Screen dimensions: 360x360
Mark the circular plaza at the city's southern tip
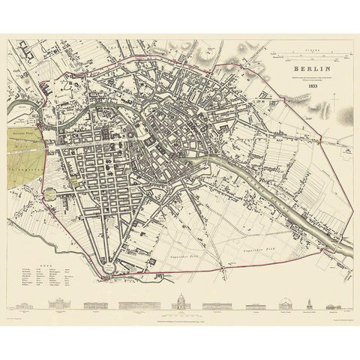[x=109, y=265]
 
